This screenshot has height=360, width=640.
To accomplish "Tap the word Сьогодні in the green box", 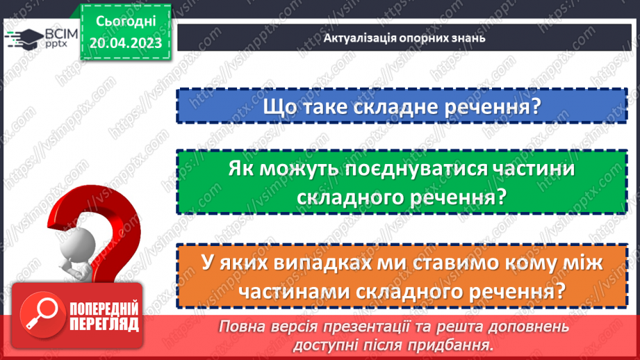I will (125, 21).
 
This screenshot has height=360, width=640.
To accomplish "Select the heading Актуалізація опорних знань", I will (404, 38).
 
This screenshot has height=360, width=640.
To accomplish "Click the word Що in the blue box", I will (279, 108).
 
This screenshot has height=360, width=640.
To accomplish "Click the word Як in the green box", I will (242, 170).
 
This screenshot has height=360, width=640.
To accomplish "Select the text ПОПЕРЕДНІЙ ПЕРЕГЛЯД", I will (105, 314).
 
